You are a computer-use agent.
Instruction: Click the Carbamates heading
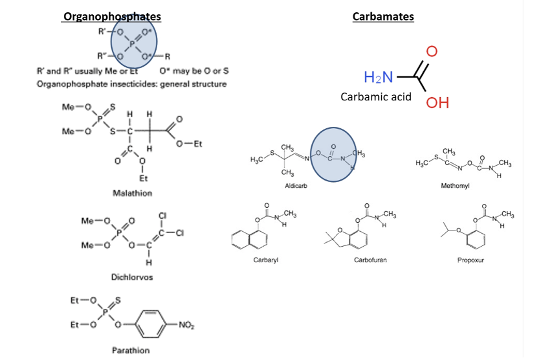tap(383, 16)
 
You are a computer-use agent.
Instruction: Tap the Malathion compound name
tap(131, 193)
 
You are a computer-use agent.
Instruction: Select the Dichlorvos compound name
tap(132, 276)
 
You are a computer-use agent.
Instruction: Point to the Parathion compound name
tap(131, 350)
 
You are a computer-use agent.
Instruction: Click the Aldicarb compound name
tap(295, 185)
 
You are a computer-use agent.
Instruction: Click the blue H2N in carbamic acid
tap(378, 78)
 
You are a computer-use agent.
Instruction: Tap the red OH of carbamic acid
tap(437, 103)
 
